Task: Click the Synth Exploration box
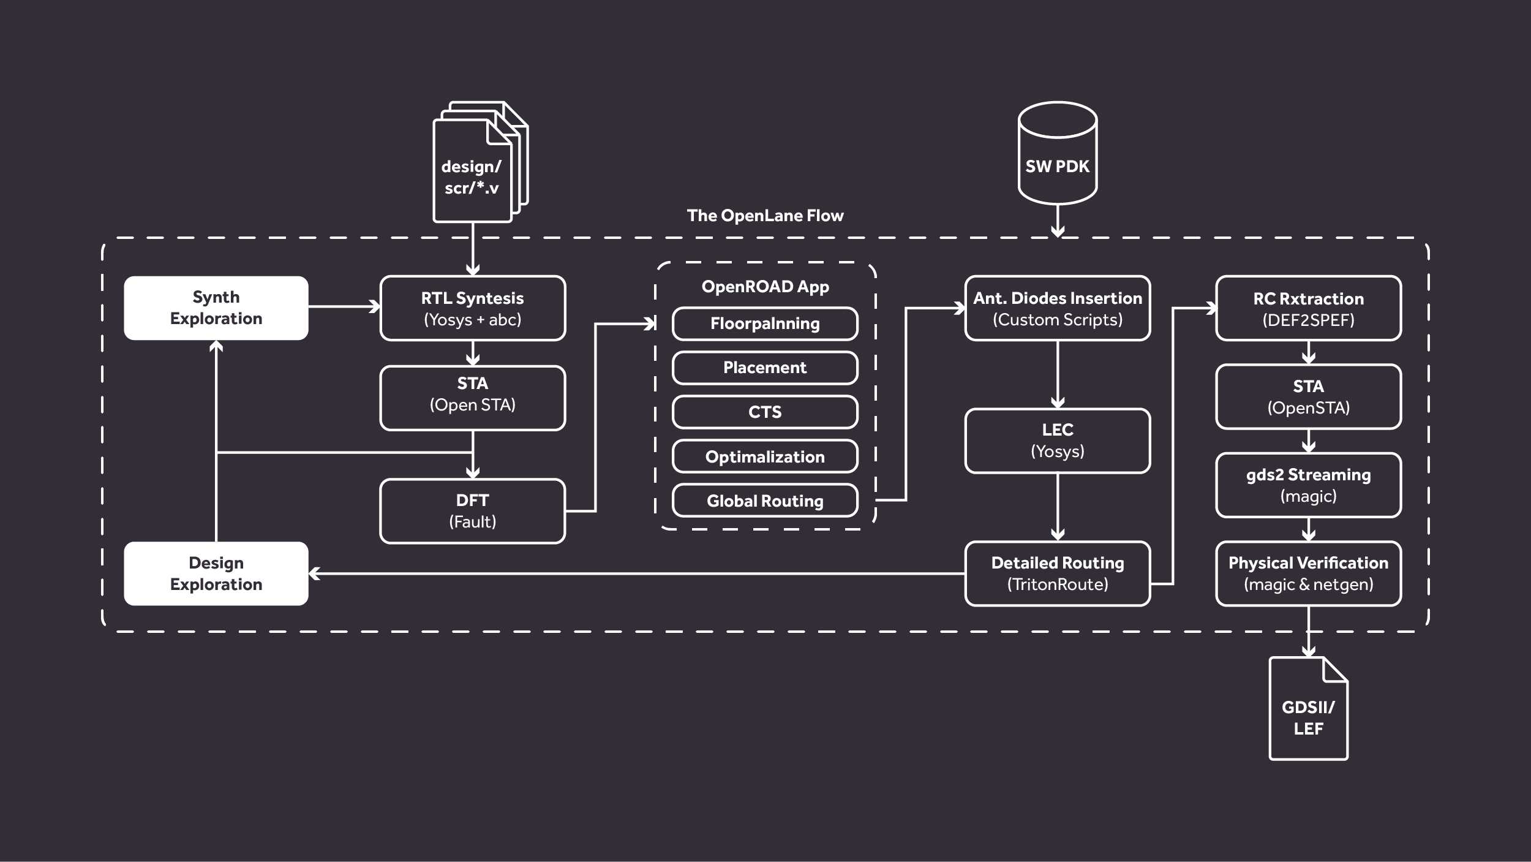tap(216, 308)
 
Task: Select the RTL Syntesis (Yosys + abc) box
tap(472, 308)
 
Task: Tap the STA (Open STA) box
tap(472, 398)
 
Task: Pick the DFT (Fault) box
tap(472, 511)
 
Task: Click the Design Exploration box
tap(216, 573)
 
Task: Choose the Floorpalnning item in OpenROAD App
tap(765, 323)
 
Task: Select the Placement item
tap(765, 368)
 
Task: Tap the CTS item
tap(765, 412)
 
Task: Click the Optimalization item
tap(765, 456)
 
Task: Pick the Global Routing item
tap(765, 501)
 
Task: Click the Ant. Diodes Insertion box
tap(1058, 308)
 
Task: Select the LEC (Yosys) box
tap(1058, 440)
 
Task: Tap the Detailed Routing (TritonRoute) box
tap(1058, 573)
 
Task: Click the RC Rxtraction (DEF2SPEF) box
tap(1308, 308)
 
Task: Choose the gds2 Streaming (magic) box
tap(1308, 485)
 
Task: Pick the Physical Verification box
tap(1308, 573)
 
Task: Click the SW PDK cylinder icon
tap(1058, 153)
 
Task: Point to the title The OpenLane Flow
tap(765, 216)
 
